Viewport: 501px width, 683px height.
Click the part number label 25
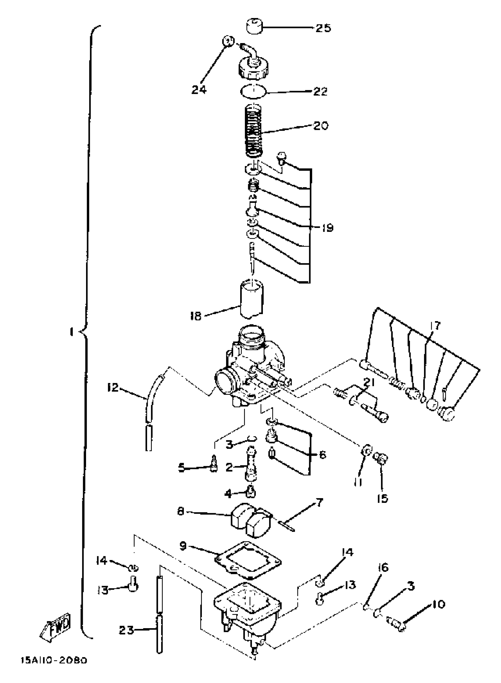click(x=323, y=28)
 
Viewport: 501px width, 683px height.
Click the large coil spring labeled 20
click(x=253, y=130)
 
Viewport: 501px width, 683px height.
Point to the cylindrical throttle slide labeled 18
click(x=252, y=299)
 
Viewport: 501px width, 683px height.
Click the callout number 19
click(x=327, y=228)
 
